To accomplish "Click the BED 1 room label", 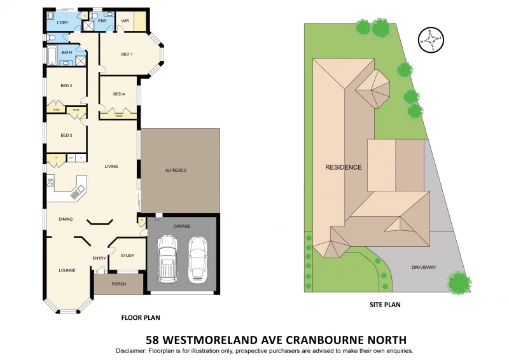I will [x=127, y=54].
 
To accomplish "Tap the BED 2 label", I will [x=66, y=85].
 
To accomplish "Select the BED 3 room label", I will [x=66, y=135].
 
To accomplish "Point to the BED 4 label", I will [x=119, y=94].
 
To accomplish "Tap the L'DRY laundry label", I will [x=62, y=23].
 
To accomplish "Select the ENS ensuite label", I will [x=102, y=21].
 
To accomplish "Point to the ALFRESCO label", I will [x=175, y=170].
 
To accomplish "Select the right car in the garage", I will [x=198, y=258].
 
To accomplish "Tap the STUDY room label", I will [x=127, y=256].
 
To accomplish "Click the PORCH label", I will [x=118, y=284].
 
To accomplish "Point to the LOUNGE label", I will [x=67, y=270].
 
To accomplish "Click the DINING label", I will [x=66, y=219].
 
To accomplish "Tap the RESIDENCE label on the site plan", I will [x=344, y=168].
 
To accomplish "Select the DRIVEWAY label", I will [x=423, y=268].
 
